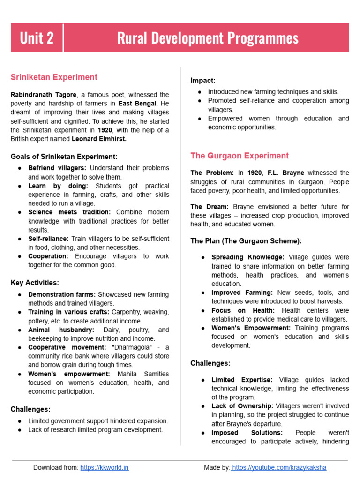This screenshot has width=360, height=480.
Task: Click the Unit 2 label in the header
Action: (x=37, y=38)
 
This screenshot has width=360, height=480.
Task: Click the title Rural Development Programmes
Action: (x=208, y=38)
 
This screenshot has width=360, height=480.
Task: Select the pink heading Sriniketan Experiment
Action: (x=54, y=77)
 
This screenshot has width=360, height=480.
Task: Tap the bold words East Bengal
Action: (x=136, y=104)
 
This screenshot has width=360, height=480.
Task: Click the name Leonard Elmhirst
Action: (x=99, y=139)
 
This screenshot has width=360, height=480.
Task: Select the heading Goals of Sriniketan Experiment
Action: (x=64, y=157)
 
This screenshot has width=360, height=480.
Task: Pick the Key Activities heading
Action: (x=35, y=283)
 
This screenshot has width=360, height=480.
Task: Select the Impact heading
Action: (x=203, y=81)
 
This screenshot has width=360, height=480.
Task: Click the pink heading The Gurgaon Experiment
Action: (x=240, y=156)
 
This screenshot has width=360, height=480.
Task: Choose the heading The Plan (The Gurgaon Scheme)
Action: (x=246, y=241)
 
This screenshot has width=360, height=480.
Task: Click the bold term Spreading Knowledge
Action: (x=247, y=257)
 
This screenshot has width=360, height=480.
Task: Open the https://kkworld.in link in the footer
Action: (x=104, y=467)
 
